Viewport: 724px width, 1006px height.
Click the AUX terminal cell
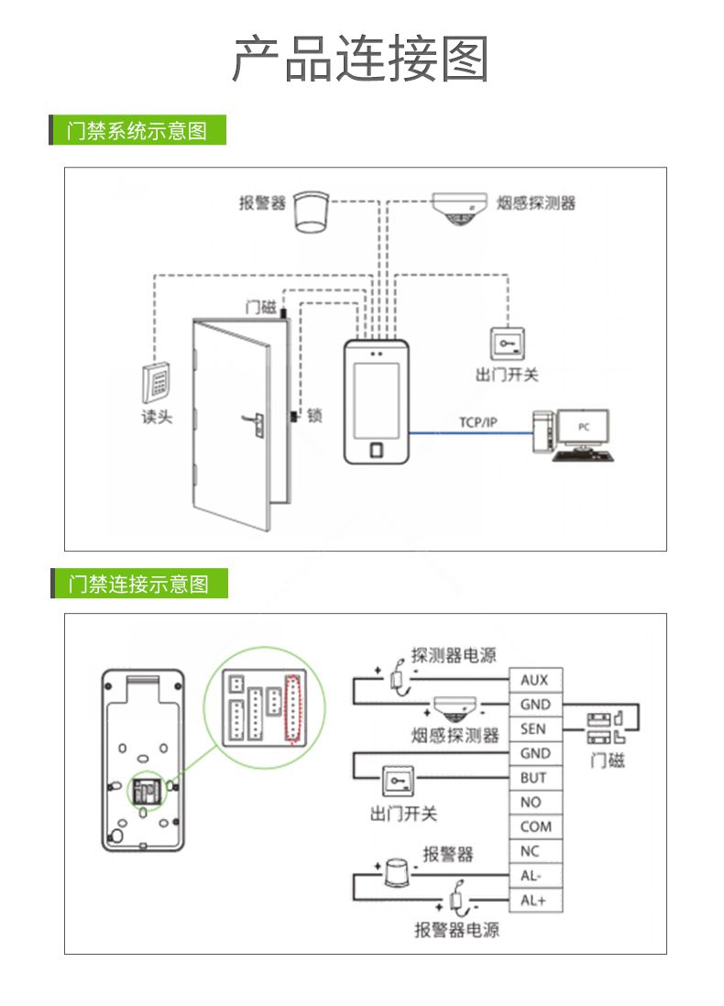(x=535, y=680)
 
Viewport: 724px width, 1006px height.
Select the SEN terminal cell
(x=535, y=729)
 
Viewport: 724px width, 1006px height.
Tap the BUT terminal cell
(x=535, y=778)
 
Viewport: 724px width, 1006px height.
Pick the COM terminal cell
(x=535, y=826)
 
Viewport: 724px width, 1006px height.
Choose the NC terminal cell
(x=535, y=851)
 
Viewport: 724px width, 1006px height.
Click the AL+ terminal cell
(x=535, y=900)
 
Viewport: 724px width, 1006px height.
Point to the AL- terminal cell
(x=535, y=876)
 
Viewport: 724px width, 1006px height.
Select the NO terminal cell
(x=535, y=803)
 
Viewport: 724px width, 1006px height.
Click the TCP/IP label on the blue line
(x=477, y=422)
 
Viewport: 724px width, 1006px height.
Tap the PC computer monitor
(x=584, y=428)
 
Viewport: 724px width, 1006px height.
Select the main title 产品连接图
(x=361, y=59)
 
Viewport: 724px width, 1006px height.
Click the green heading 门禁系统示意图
(x=137, y=130)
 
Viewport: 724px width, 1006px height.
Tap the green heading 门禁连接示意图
(x=138, y=583)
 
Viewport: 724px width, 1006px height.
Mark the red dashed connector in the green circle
(x=294, y=707)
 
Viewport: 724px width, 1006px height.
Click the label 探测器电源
(x=454, y=655)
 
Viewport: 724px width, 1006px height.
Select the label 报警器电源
(x=456, y=930)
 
